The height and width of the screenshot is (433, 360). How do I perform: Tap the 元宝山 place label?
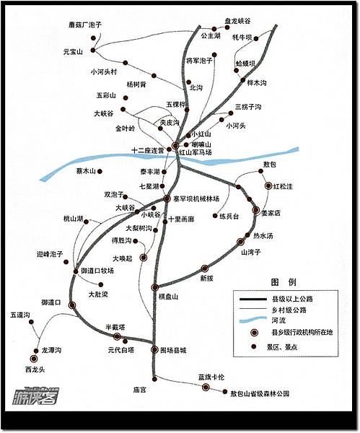pyautogui.click(x=74, y=52)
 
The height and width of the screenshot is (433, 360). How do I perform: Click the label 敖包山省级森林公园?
pyautogui.click(x=260, y=394)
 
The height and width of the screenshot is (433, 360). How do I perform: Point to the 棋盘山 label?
pyautogui.click(x=168, y=296)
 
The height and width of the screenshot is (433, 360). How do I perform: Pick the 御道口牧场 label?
pyautogui.click(x=97, y=271)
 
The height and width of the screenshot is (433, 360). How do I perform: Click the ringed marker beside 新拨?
pyautogui.click(x=205, y=268)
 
